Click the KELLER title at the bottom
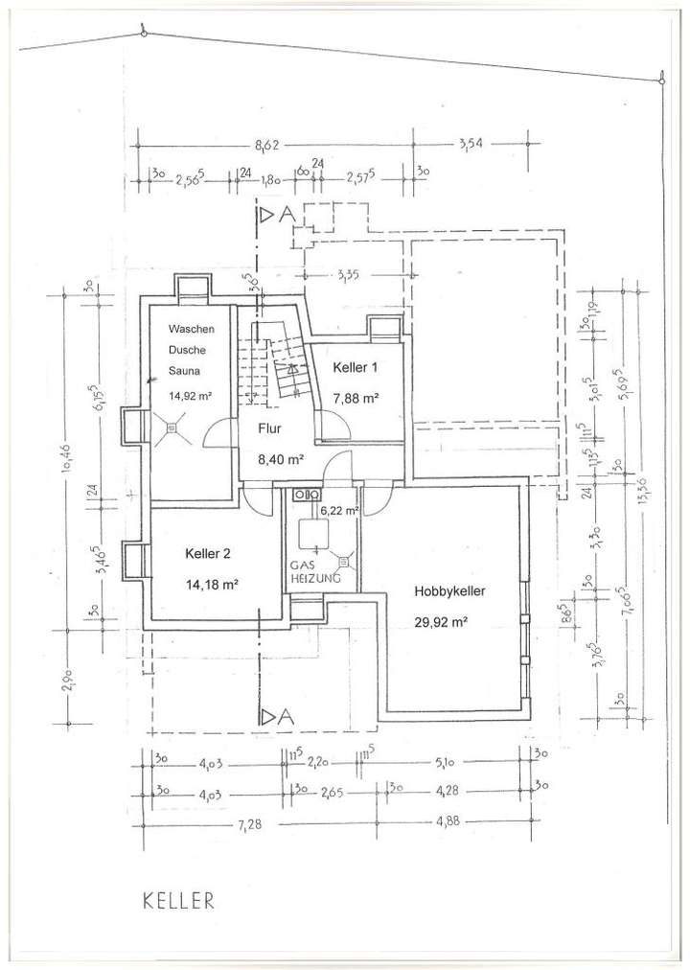pos(177,900)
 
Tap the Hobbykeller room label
pos(449,592)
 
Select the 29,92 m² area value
pos(440,621)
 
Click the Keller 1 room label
pos(356,367)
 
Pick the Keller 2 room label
pos(207,553)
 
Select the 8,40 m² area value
pos(280,459)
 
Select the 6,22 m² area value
pos(339,512)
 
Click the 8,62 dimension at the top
pos(268,145)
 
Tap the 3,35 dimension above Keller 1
pos(348,277)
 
